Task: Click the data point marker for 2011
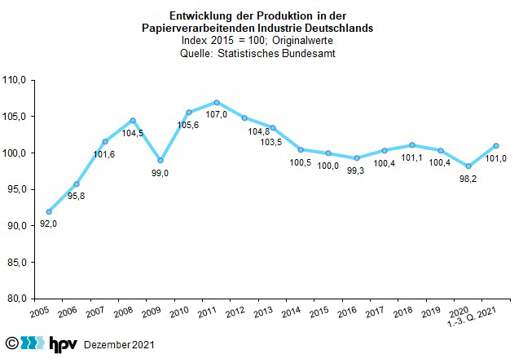(217, 103)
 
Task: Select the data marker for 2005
(49, 211)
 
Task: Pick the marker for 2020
(468, 166)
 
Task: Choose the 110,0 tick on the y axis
(15, 80)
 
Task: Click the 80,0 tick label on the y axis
(17, 299)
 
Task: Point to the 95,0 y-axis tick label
(17, 189)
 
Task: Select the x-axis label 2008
(124, 314)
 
